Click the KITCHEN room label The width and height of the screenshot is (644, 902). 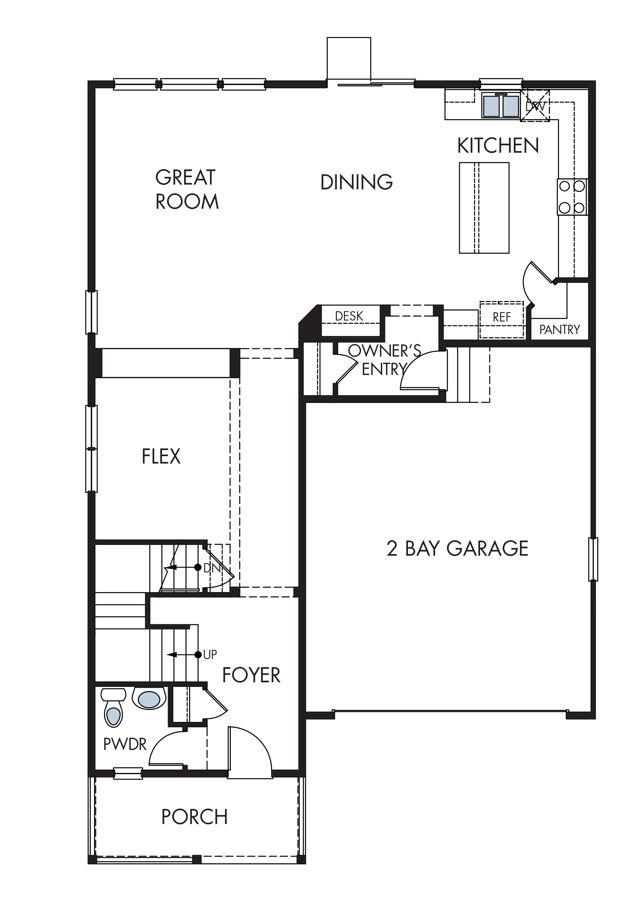498,146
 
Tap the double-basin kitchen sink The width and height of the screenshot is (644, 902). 501,106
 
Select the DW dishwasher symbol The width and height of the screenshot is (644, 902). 535,106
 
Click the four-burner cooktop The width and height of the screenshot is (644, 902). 572,197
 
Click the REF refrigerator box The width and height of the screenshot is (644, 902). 502,320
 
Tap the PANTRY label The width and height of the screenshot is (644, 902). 560,330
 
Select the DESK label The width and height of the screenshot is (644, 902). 349,316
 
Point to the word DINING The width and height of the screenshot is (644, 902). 356,182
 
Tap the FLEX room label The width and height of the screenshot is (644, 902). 161,456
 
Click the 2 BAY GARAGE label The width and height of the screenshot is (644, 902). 457,549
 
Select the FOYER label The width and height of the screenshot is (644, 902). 251,675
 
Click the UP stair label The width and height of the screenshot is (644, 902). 210,655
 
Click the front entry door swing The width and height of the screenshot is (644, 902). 250,753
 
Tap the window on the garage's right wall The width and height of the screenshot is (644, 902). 593,559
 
